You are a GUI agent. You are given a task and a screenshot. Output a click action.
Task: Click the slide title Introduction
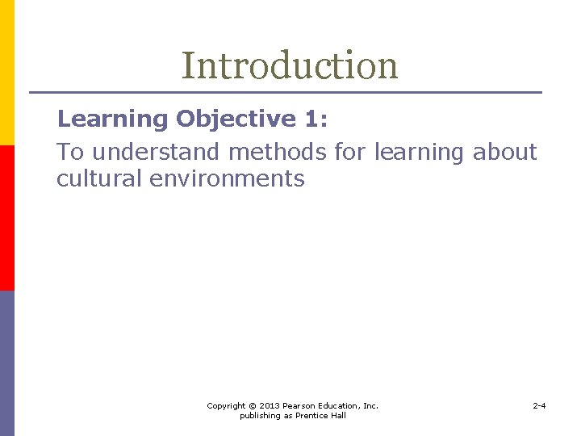pos(290,65)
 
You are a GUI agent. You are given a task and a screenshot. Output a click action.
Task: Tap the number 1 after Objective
pos(311,119)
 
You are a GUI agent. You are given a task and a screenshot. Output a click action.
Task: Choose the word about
pos(505,152)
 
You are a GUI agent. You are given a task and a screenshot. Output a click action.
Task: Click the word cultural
pos(99,178)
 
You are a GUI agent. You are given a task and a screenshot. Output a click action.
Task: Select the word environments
pos(228,178)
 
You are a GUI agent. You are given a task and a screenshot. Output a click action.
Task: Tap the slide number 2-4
pos(539,405)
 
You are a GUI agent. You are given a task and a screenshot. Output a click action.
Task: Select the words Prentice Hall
pos(322,416)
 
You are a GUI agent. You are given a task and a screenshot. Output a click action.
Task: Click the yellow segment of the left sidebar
pos(6,73)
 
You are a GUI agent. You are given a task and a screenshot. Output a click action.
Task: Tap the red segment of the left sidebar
pos(6,218)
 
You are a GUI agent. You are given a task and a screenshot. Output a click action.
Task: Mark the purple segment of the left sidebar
pos(6,363)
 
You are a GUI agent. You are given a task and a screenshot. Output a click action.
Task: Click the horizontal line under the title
pos(286,92)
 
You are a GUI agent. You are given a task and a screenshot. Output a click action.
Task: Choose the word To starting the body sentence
pos(70,152)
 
